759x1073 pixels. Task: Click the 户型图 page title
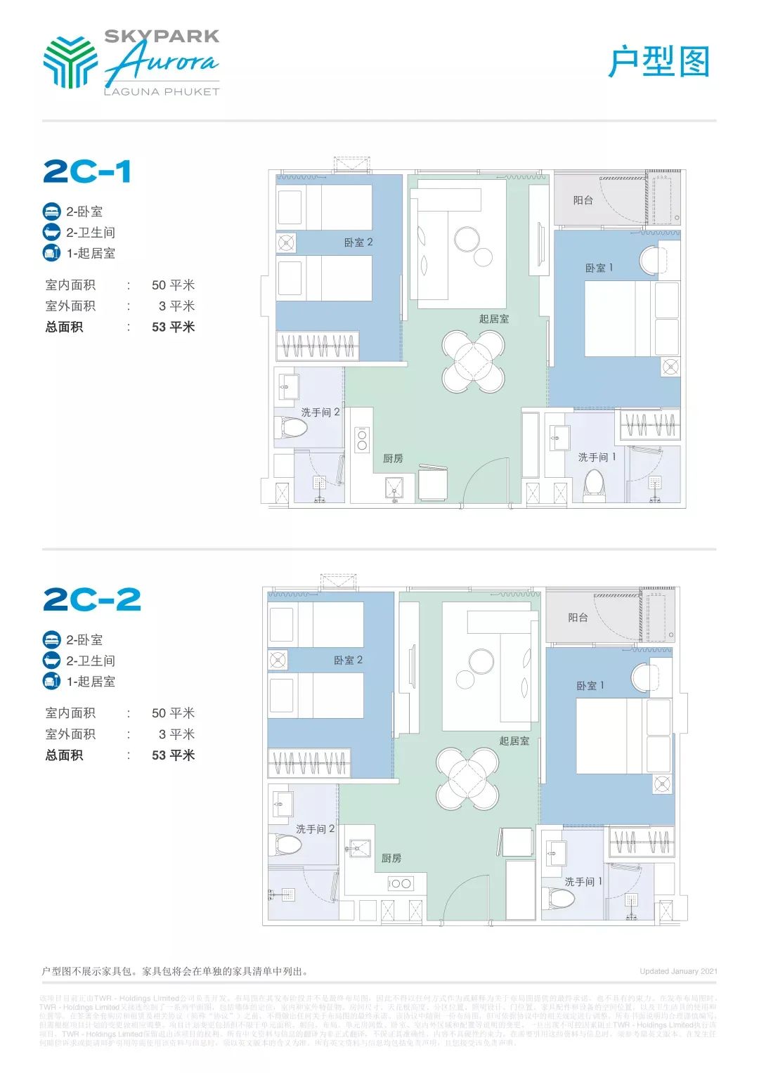click(x=659, y=62)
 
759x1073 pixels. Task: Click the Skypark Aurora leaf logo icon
click(x=70, y=62)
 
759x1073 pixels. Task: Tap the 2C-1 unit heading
click(x=87, y=171)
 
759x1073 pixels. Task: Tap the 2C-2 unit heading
click(x=92, y=599)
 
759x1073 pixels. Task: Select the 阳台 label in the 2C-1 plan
click(x=583, y=200)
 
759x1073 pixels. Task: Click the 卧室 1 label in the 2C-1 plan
click(x=599, y=268)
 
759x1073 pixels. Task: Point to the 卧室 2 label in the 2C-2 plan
click(x=348, y=660)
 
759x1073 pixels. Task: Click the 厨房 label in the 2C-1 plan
click(x=393, y=458)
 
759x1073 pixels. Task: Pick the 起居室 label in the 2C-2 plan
click(x=514, y=741)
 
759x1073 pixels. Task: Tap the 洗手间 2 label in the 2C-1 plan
click(x=320, y=412)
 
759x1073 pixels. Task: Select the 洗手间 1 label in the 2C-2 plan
click(x=583, y=881)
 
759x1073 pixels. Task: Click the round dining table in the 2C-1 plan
click(x=473, y=361)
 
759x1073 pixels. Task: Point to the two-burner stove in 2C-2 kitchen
click(x=400, y=883)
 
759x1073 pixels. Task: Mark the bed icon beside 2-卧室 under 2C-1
click(x=52, y=212)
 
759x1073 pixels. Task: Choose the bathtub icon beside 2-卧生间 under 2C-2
click(x=52, y=661)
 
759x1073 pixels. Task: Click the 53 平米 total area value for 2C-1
click(x=173, y=327)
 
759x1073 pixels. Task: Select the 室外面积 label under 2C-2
click(x=70, y=734)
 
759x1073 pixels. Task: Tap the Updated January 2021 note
click(x=678, y=971)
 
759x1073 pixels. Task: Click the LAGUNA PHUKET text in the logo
click(x=162, y=91)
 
